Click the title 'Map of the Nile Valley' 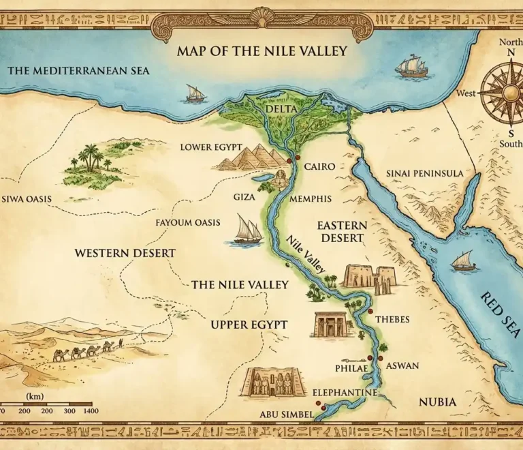pos(262,50)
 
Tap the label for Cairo pos(319,166)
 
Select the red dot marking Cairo pos(289,160)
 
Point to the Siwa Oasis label pos(27,199)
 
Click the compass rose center pos(505,91)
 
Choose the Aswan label pos(402,366)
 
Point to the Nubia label pos(437,402)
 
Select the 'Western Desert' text pos(125,253)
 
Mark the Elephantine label pos(344,393)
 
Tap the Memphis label pos(311,198)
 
